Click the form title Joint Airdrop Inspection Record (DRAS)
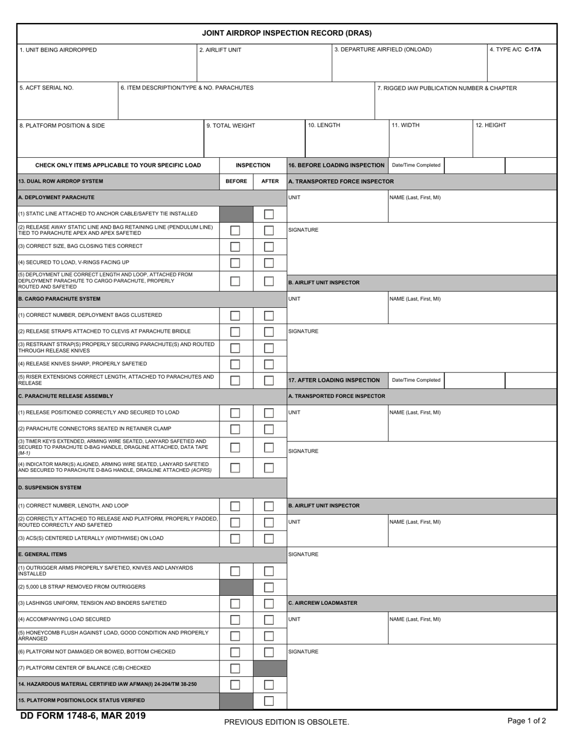pyautogui.click(x=286, y=33)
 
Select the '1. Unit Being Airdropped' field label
pyautogui.click(x=58, y=50)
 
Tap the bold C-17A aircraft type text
pyautogui.click(x=533, y=50)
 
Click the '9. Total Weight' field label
pyautogui.click(x=231, y=126)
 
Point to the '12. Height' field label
pyautogui.click(x=491, y=126)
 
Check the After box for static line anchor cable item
pyautogui.click(x=269, y=214)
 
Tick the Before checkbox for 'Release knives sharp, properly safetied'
pyautogui.click(x=235, y=364)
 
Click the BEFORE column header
pyautogui.click(x=236, y=181)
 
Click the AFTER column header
pyautogui.click(x=269, y=181)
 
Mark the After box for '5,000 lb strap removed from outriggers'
pyautogui.click(x=269, y=587)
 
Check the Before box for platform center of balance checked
pyautogui.click(x=235, y=668)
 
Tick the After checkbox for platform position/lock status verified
pyautogui.click(x=269, y=701)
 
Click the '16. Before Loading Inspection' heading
pyautogui.click(x=336, y=165)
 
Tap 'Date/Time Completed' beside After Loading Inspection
pyautogui.click(x=416, y=380)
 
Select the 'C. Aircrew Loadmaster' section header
pyautogui.click(x=323, y=603)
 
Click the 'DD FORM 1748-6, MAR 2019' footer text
pyautogui.click(x=83, y=716)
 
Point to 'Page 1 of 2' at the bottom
pyautogui.click(x=526, y=720)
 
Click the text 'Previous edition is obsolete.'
pyautogui.click(x=286, y=722)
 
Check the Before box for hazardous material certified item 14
pyautogui.click(x=235, y=685)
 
